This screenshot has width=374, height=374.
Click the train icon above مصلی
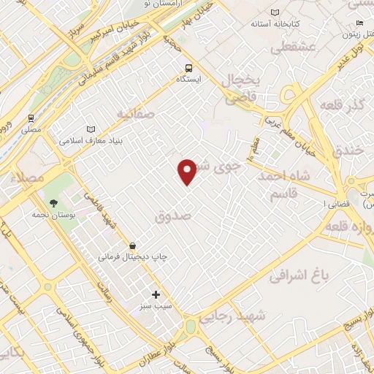pyautogui.click(x=31, y=118)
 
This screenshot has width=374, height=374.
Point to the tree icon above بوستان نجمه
pyautogui.click(x=53, y=204)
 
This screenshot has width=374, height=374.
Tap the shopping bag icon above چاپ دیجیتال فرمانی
pyautogui.click(x=132, y=246)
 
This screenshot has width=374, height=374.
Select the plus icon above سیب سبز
pyautogui.click(x=155, y=294)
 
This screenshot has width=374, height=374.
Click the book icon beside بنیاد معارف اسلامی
pyautogui.click(x=91, y=129)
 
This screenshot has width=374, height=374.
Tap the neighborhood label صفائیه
pyautogui.click(x=133, y=114)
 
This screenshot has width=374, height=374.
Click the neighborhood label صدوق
pyautogui.click(x=174, y=217)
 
